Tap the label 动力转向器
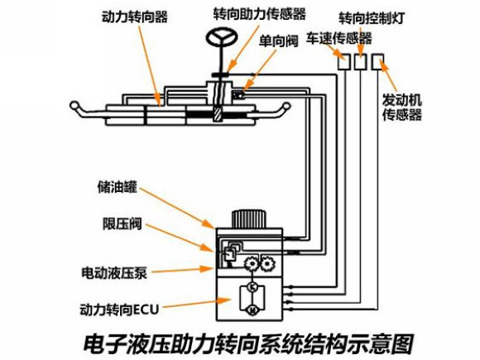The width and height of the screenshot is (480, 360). [135, 17]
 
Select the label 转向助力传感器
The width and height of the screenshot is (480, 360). [260, 14]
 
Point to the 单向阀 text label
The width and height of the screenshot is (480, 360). [278, 41]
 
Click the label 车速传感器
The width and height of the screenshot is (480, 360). [339, 38]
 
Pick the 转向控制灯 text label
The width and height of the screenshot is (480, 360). [372, 18]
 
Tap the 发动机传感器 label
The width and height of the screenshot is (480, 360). [402, 107]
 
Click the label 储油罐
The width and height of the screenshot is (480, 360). [117, 187]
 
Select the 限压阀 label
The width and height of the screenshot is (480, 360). [122, 223]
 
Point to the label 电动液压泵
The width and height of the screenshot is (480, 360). [114, 273]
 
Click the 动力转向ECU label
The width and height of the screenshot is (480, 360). [119, 310]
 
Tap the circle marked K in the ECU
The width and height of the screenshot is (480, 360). [253, 287]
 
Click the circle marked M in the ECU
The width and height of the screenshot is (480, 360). [253, 310]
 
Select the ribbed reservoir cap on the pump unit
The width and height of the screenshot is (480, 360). [248, 219]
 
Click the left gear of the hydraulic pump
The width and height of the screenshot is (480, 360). [252, 263]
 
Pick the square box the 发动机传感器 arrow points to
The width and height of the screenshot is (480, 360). [377, 62]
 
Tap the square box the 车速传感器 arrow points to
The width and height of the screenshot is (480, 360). [343, 62]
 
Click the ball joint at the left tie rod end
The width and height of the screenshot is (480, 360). [74, 106]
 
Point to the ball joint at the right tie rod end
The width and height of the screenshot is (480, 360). [286, 106]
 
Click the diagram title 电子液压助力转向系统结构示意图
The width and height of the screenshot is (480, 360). [248, 343]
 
